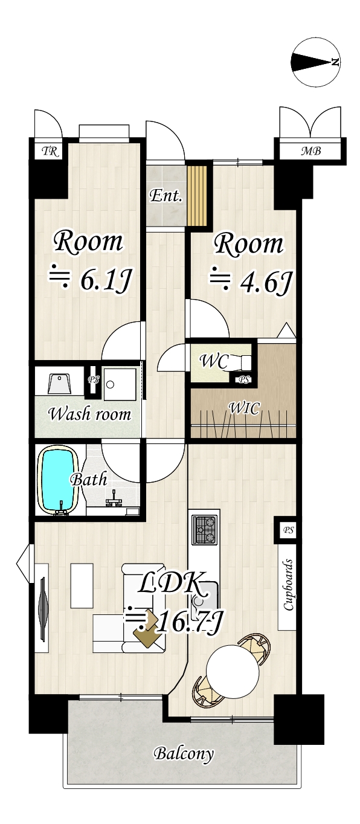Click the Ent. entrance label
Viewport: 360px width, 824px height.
tap(166, 196)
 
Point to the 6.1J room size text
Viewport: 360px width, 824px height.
tap(105, 282)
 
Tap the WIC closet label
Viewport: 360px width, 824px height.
tap(243, 408)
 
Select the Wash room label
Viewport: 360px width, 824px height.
tap(90, 414)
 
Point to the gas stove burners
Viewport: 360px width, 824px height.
tap(204, 530)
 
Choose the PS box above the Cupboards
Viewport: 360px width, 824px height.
tap(289, 530)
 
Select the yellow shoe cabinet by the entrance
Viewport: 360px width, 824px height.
tap(197, 196)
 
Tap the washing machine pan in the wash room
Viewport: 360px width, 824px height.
tap(120, 384)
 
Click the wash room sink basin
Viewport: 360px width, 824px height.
tap(59, 384)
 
